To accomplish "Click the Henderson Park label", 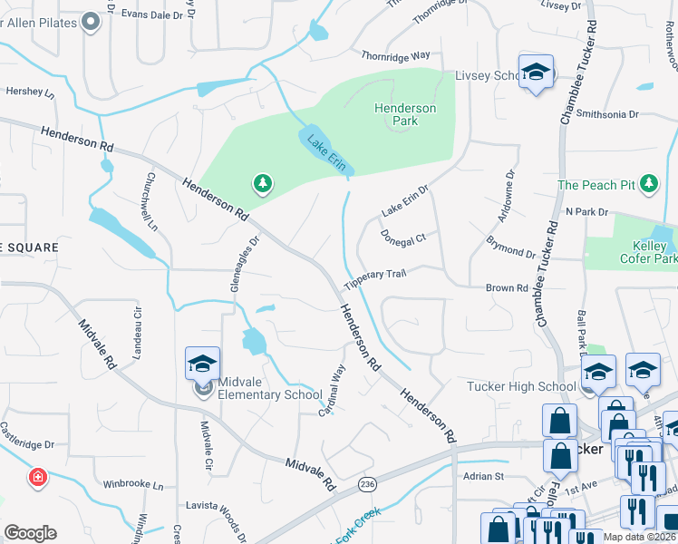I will point(405,114).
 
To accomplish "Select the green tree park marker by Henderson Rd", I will point(263,185).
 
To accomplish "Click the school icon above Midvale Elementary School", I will point(203,364).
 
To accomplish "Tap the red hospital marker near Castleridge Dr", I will point(37,477).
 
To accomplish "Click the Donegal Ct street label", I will point(403,238).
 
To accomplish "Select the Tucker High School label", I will point(521,387).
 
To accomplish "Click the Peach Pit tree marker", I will point(648,185).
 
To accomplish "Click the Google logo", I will point(31,533).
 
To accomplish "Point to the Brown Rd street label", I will point(507,288).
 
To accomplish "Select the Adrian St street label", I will point(483,476).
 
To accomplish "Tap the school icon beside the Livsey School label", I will point(536,73).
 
